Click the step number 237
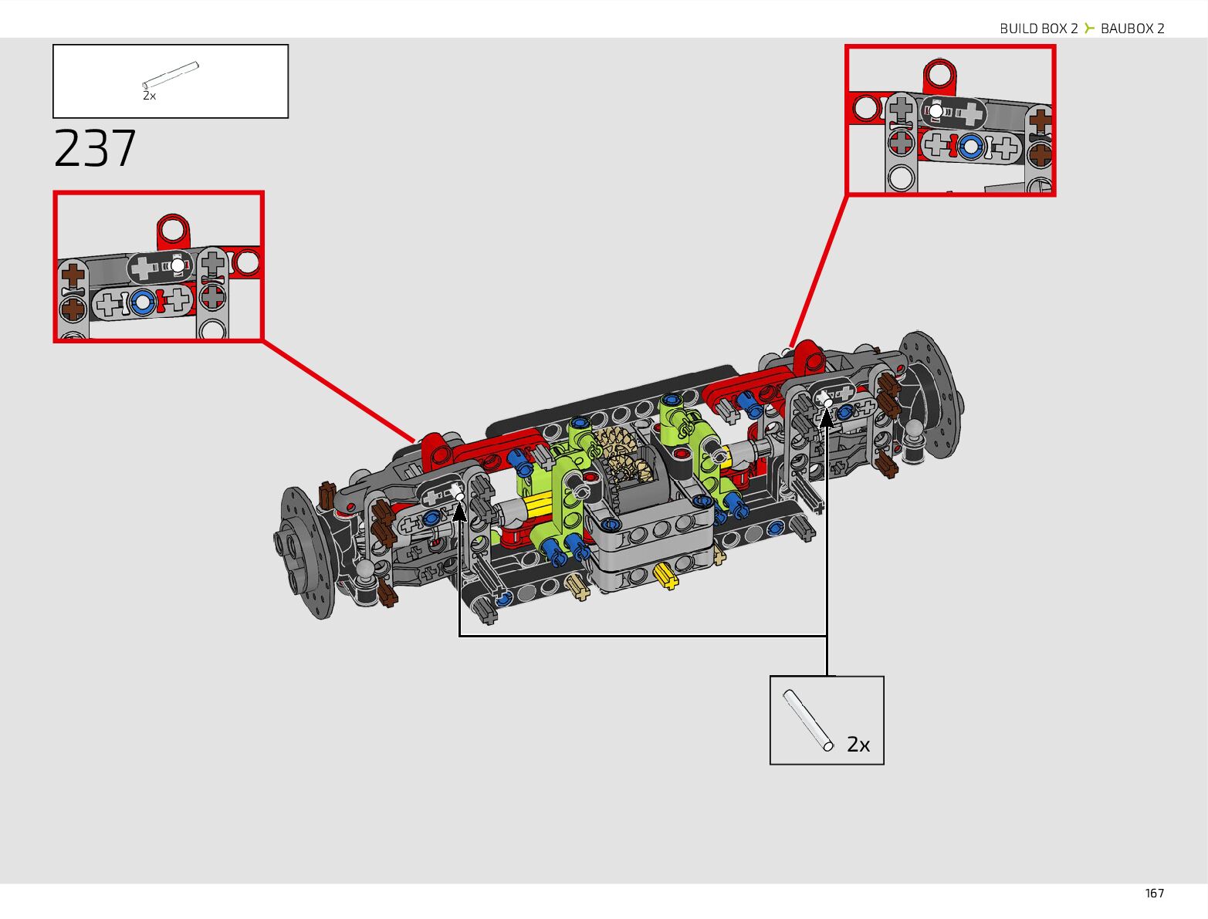click(x=95, y=148)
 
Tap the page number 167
click(x=1154, y=893)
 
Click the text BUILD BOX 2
click(x=1038, y=29)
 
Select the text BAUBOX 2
click(x=1132, y=29)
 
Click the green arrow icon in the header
click(x=1089, y=29)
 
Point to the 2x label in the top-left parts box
click(x=149, y=96)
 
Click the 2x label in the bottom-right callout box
click(x=858, y=744)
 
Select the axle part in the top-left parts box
click(x=171, y=76)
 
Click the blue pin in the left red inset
click(x=142, y=302)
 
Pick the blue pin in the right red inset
click(x=970, y=145)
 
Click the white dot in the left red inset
click(x=178, y=265)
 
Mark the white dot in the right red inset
click(x=936, y=111)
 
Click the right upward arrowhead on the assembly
click(x=827, y=417)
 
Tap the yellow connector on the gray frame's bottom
click(x=666, y=575)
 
